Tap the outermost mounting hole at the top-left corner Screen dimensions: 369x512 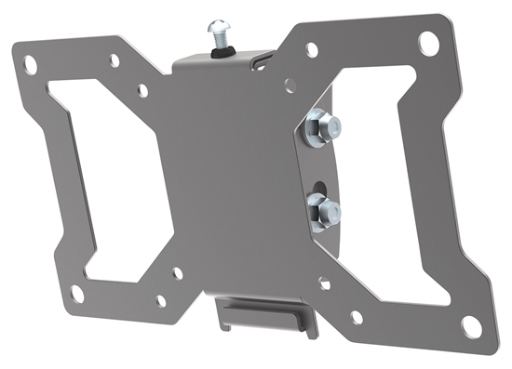30,66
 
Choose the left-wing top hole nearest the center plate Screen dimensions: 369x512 142,91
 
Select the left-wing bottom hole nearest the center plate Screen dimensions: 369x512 177,273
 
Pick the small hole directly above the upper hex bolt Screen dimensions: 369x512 290,83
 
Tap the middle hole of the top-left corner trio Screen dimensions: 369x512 115,60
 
